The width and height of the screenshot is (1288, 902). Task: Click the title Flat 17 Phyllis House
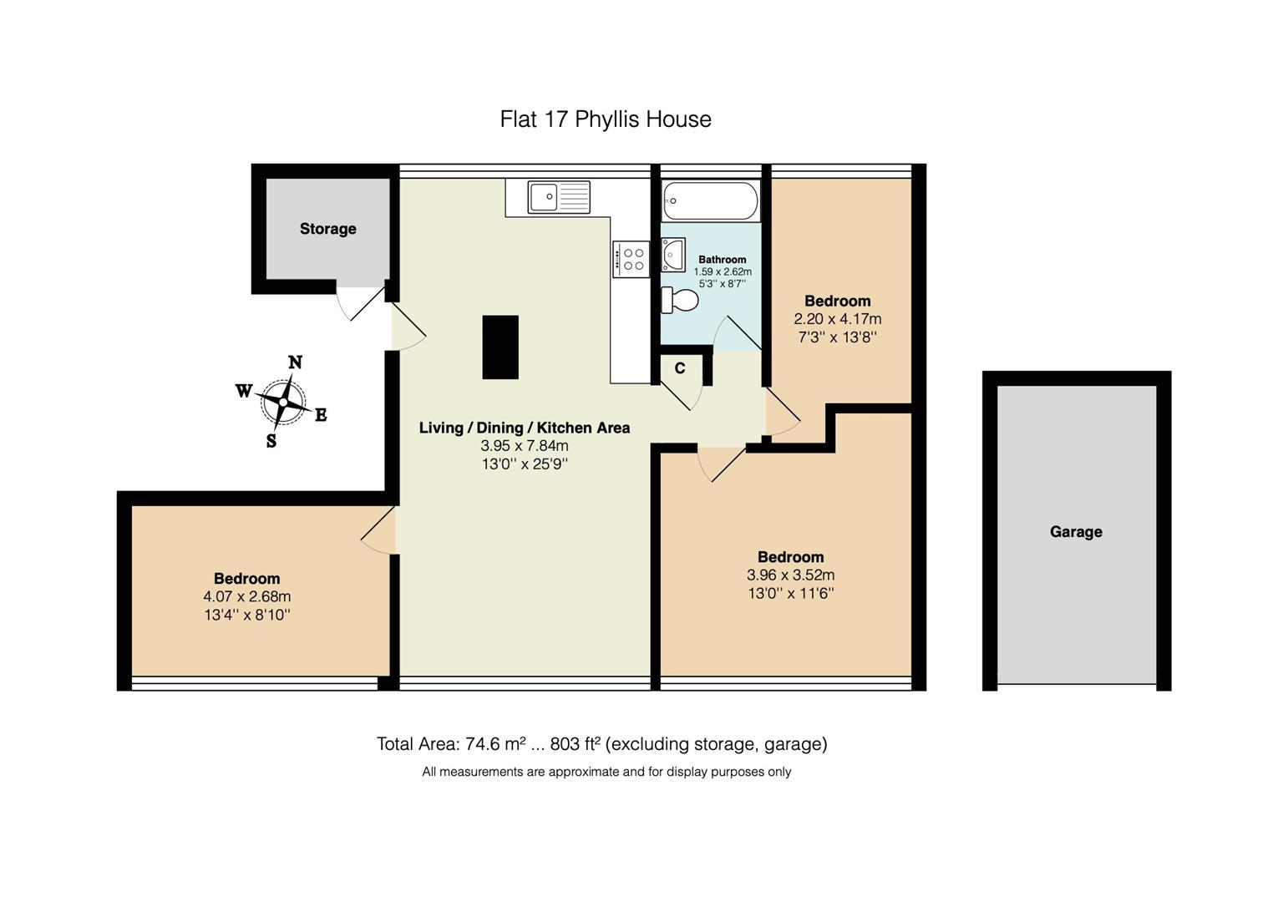coord(606,119)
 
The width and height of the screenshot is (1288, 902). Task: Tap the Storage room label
coord(327,229)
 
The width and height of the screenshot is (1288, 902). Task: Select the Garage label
coord(1076,532)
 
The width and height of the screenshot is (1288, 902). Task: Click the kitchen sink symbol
coord(559,197)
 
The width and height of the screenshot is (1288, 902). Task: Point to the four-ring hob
coord(631,259)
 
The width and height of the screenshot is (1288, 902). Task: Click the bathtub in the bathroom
coord(710,201)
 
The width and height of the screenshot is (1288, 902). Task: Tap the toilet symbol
coord(680,300)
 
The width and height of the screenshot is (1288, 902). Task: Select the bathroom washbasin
coord(672,255)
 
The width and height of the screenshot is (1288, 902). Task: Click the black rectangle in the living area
coord(500,347)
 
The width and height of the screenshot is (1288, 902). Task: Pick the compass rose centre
coord(283,402)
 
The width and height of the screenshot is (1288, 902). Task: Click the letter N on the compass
coord(295,362)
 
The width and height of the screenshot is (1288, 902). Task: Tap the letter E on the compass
coord(321,415)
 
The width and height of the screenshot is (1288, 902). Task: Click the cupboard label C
coord(680,368)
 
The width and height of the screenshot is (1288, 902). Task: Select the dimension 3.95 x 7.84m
coord(525,446)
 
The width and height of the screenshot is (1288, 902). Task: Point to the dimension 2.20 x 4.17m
coord(837,319)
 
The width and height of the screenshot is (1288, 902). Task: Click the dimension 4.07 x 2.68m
coord(246,596)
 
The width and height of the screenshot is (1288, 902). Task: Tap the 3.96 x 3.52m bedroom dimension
coord(790,575)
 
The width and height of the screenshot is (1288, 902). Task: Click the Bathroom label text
coord(723,260)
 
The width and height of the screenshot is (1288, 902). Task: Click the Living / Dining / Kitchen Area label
coord(525,428)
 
